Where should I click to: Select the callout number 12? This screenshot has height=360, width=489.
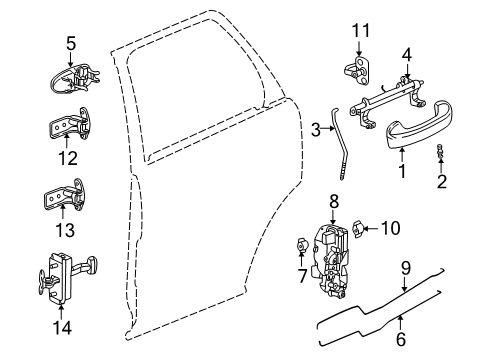tap(70, 158)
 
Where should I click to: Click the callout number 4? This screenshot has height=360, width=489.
tap(406, 54)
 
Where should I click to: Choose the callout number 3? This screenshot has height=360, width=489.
tap(315, 128)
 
